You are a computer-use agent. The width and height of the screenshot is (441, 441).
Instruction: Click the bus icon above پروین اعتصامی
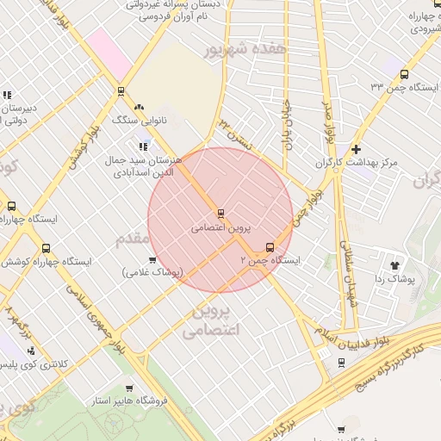pyautogui.click(x=221, y=213)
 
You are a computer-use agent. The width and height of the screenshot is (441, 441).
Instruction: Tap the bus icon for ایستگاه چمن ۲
pyautogui.click(x=270, y=246)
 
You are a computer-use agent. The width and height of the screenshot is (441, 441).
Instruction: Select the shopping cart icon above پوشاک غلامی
pyautogui.click(x=152, y=259)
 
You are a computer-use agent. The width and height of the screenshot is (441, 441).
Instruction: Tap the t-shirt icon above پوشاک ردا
pyautogui.click(x=395, y=266)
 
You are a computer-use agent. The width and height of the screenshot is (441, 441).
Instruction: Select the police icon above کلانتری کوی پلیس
pyautogui.click(x=32, y=351)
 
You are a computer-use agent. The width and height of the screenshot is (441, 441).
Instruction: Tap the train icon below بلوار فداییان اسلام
pyautogui.click(x=342, y=363)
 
